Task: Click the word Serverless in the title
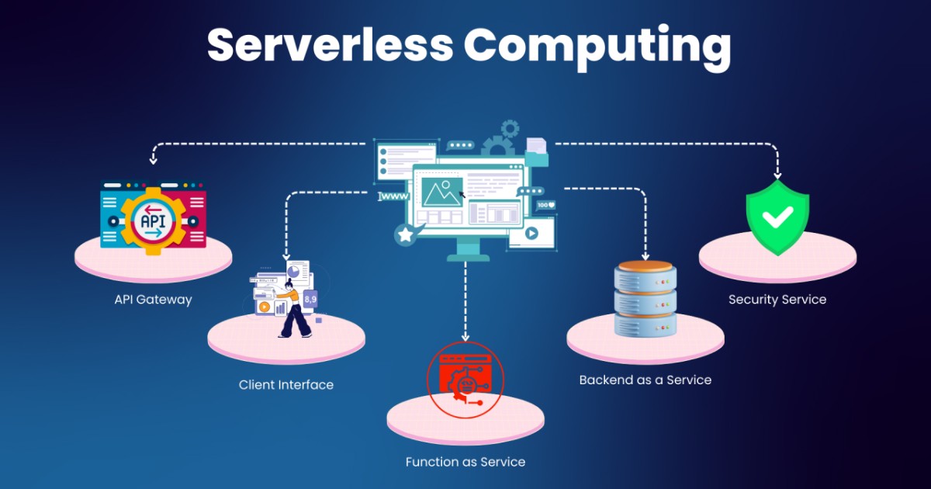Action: pyautogui.click(x=330, y=45)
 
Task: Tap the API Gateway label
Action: pyautogui.click(x=153, y=299)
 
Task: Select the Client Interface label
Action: pyautogui.click(x=286, y=384)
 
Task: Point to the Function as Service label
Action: pyautogui.click(x=465, y=462)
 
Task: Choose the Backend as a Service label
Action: pyautogui.click(x=645, y=380)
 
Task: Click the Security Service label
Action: pyautogui.click(x=777, y=299)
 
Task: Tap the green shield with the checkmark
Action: pyautogui.click(x=777, y=217)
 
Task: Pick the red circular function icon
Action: pyautogui.click(x=465, y=380)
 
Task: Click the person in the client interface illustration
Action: pyautogui.click(x=293, y=310)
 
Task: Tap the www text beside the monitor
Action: pyautogui.click(x=393, y=197)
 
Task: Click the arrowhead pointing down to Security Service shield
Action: pyautogui.click(x=777, y=175)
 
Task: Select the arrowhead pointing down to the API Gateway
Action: pyautogui.click(x=154, y=161)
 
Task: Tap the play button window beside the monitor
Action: pyautogui.click(x=532, y=233)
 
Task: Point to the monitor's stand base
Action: pyautogui.click(x=469, y=257)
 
